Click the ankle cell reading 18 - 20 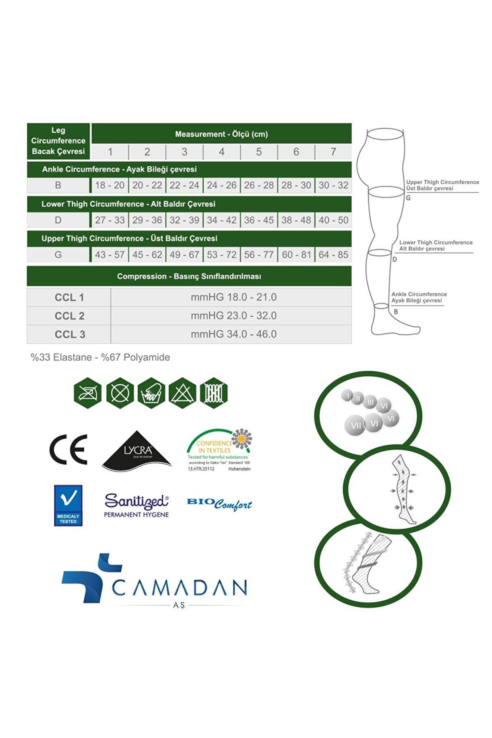110,185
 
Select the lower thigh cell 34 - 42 221,220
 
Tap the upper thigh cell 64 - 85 333,255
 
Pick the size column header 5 259,152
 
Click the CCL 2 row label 69,316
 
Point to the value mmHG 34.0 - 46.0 234,334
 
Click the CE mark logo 68,450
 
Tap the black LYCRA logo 137,451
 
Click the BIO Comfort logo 219,504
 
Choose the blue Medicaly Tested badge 68,505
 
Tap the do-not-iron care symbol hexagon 88,393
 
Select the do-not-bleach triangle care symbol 183,393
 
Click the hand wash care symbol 151,393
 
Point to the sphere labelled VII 355,425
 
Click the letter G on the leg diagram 408,198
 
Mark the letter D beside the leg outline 395,259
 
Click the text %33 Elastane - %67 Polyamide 100,357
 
